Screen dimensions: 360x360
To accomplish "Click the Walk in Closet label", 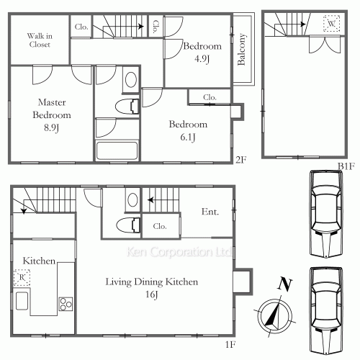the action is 40,40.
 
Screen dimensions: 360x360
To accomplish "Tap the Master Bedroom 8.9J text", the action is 52,115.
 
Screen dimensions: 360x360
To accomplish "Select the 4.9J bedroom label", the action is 202,52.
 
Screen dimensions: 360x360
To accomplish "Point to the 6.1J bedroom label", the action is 188,130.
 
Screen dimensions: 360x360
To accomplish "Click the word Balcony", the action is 241,49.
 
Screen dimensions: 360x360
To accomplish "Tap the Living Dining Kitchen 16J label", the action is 152,287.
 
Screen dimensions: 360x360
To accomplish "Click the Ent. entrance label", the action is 210,212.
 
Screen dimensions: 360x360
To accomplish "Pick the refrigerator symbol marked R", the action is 22,277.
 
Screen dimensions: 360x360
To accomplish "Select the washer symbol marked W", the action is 331,24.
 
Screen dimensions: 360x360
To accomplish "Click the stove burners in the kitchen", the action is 66,304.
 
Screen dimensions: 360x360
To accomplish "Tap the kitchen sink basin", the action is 22,300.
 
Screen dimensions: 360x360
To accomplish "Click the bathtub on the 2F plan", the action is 117,150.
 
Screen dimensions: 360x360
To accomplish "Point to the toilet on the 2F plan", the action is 127,107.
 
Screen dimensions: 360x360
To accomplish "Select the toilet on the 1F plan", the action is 128,225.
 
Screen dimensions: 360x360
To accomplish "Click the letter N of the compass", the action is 284,284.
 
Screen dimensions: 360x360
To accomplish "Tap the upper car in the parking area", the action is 326,214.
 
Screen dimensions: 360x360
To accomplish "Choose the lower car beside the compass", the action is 326,311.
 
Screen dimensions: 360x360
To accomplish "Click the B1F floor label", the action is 346,166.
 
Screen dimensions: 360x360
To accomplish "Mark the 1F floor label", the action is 230,344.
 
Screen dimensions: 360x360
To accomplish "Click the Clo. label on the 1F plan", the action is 160,226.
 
